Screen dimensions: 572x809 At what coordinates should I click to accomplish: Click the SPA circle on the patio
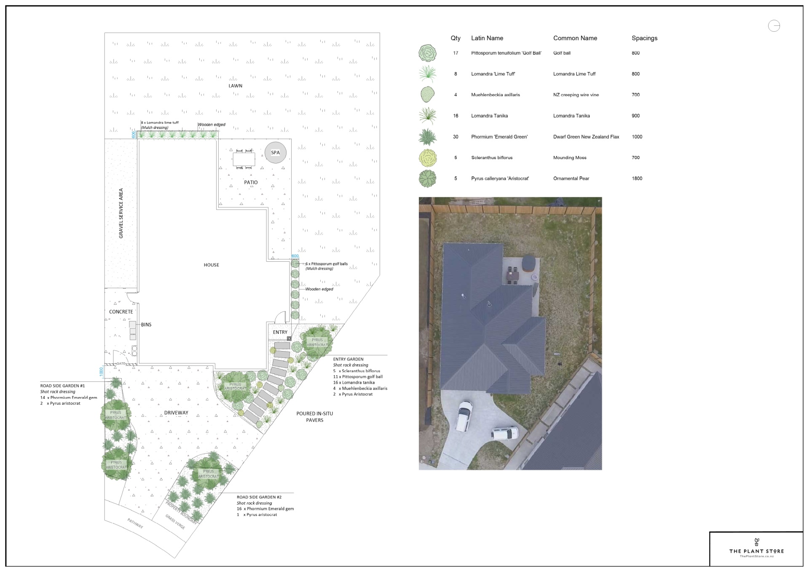[276, 153]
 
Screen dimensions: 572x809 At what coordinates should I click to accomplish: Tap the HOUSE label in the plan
[211, 265]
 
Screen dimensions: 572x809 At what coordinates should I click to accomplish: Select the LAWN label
[235, 86]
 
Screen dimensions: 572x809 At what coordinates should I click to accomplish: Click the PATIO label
[251, 183]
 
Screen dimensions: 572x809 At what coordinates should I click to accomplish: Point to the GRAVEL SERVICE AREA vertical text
[121, 213]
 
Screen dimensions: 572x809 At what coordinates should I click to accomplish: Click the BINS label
[146, 325]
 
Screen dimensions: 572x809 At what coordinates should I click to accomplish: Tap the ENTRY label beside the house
[280, 332]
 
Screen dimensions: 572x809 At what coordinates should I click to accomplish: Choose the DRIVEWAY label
[176, 413]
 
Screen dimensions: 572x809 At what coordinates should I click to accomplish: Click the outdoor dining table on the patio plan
[244, 159]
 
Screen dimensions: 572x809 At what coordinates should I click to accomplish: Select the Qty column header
[455, 38]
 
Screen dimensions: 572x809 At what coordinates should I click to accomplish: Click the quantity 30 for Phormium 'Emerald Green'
[455, 137]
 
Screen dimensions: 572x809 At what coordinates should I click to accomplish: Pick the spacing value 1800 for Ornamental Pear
[637, 178]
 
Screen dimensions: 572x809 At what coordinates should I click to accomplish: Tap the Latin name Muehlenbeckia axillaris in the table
[495, 95]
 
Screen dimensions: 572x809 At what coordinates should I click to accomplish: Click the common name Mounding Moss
[570, 158]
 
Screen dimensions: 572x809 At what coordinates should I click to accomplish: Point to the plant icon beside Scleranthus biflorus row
[428, 158]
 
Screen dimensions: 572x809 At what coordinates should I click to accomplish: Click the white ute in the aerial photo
[463, 415]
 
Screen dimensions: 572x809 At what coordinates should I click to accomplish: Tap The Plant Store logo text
[756, 551]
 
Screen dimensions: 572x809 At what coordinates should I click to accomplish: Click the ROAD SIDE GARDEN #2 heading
[259, 497]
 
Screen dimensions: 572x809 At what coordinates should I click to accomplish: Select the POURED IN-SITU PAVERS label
[314, 417]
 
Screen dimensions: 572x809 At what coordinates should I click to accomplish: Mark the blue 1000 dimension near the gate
[101, 372]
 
